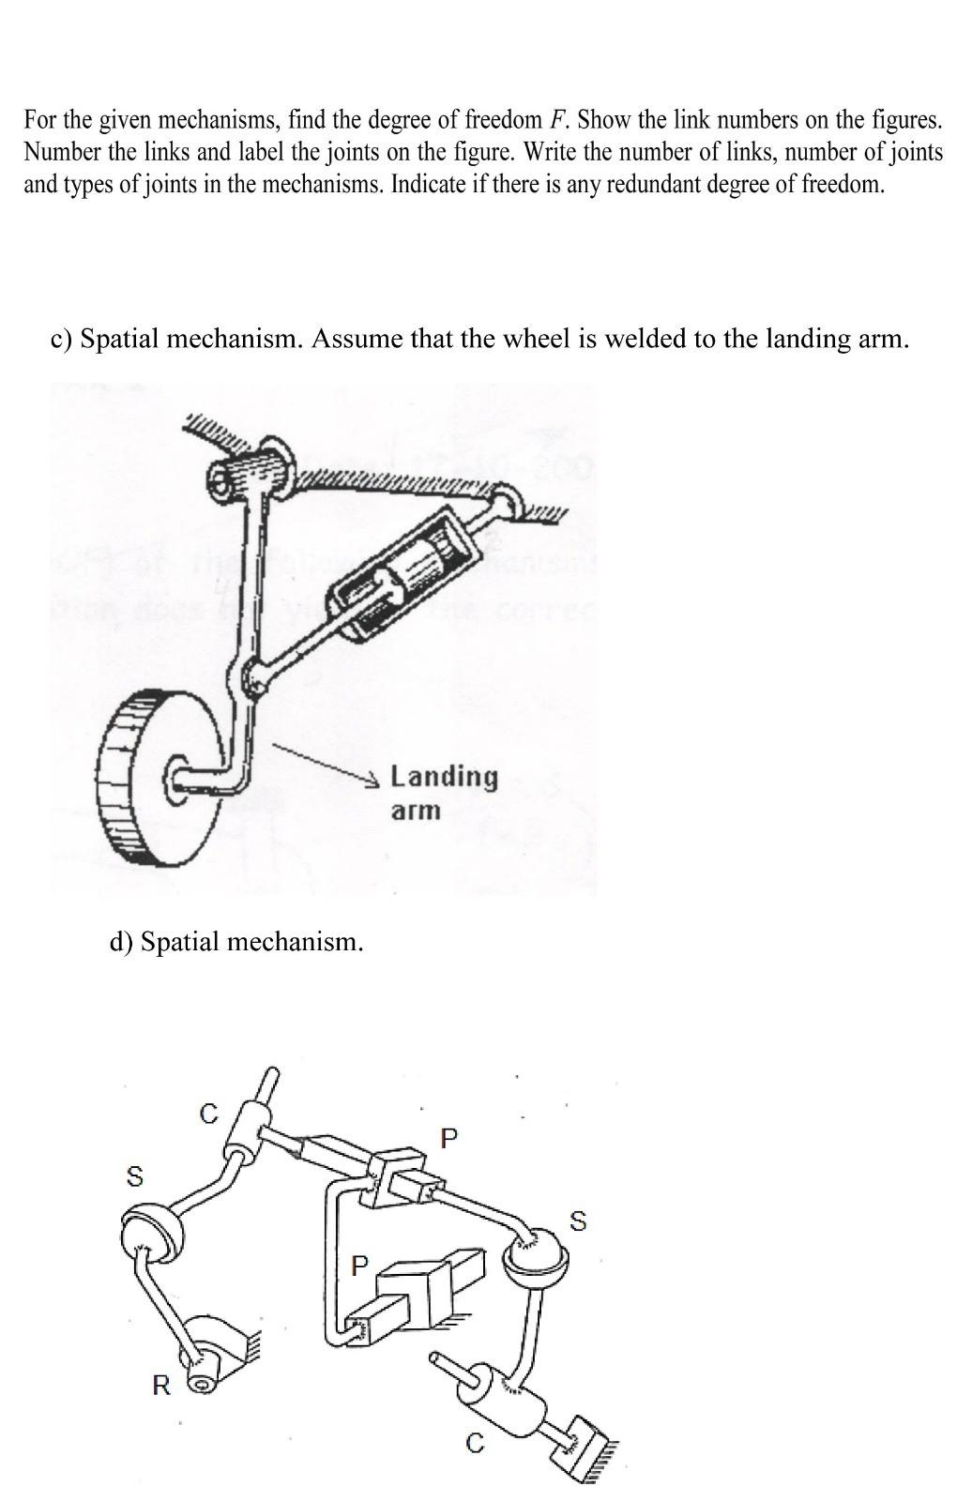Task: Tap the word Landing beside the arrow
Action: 444,776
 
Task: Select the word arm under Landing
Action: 415,810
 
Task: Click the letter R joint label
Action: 161,1385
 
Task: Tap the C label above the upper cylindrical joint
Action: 208,1114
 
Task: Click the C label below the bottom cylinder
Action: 476,1446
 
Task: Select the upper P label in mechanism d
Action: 448,1139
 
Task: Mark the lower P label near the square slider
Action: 357,1266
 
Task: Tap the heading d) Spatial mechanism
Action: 235,941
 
